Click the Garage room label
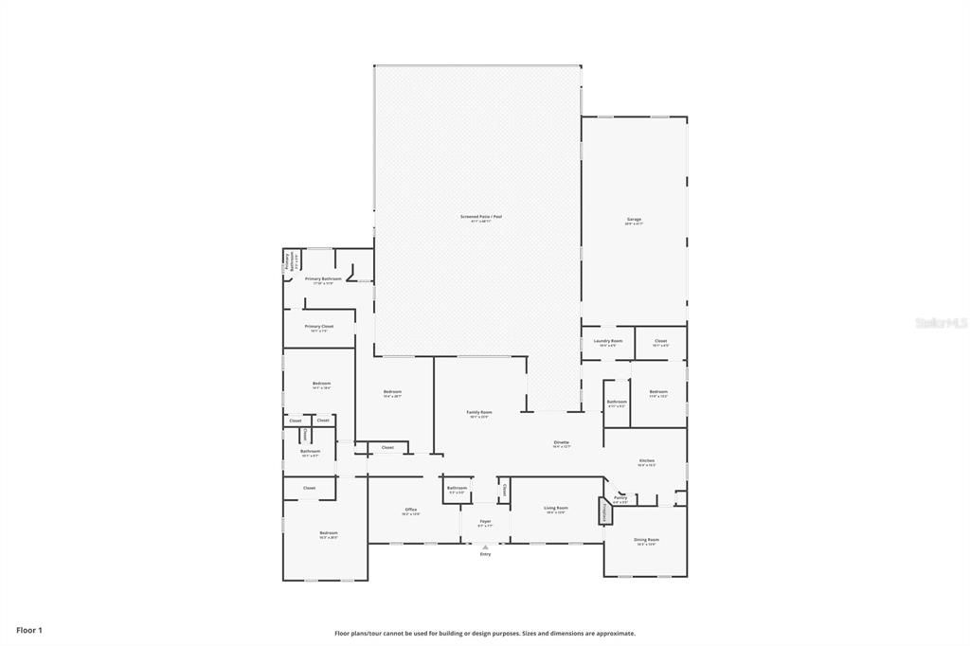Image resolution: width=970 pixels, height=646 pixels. [634, 221]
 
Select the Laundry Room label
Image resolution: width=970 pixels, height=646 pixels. [607, 342]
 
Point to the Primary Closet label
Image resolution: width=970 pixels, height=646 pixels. [318, 328]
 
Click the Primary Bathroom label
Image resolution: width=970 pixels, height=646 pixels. [323, 280]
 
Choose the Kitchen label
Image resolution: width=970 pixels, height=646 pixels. [646, 462]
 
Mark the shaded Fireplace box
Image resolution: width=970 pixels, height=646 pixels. [603, 512]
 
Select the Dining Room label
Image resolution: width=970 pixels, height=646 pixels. [647, 541]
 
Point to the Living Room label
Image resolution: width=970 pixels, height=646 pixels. [555, 510]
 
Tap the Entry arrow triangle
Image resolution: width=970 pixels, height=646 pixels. [485, 547]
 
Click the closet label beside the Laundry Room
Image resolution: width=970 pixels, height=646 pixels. [660, 342]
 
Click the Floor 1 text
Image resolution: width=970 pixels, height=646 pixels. [29, 630]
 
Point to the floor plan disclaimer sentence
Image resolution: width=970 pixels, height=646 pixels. [484, 634]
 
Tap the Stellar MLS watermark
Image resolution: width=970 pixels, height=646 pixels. [941, 323]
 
